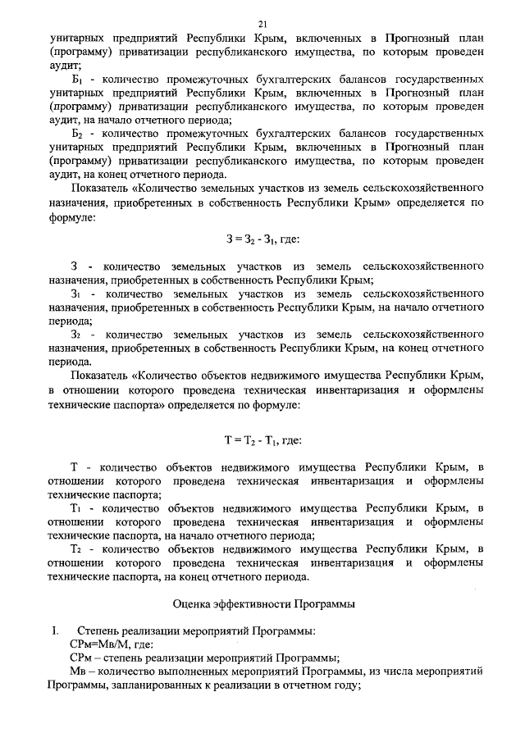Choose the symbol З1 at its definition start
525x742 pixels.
(76, 293)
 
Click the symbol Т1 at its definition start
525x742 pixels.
(76, 508)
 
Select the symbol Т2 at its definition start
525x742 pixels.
(76, 548)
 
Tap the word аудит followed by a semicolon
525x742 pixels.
(62, 63)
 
